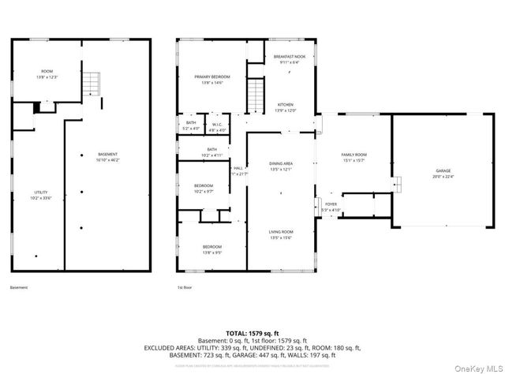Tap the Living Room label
click(281, 234)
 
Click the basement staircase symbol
click(93, 82)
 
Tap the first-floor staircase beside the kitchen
click(256, 95)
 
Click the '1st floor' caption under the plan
click(183, 288)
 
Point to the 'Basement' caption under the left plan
click(19, 288)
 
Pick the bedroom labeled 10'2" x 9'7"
click(204, 189)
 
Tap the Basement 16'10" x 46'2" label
click(107, 157)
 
